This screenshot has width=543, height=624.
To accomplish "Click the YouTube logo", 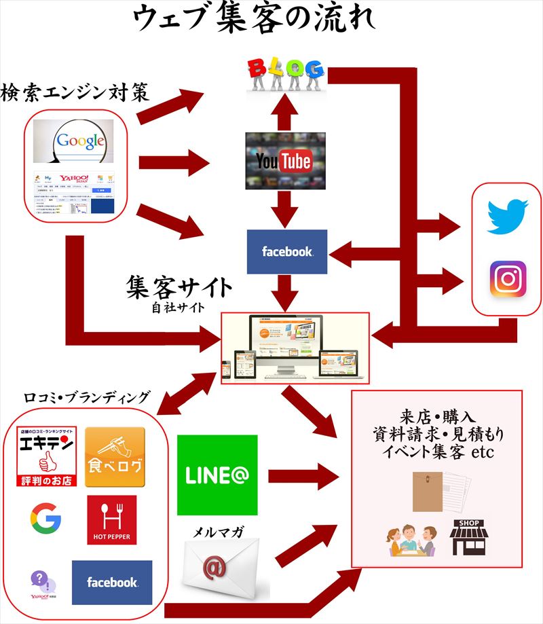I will (x=284, y=161).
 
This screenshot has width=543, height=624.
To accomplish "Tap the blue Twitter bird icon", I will (x=507, y=216).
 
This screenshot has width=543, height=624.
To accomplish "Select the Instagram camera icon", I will (x=508, y=278).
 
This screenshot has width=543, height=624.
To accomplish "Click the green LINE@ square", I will (x=217, y=475).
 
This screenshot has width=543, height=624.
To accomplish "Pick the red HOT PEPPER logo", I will (x=111, y=520).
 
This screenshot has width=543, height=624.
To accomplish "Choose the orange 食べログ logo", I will (x=115, y=457).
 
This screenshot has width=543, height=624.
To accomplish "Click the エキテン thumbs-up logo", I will (x=46, y=457).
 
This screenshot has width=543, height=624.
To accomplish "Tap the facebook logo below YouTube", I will (x=287, y=251).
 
